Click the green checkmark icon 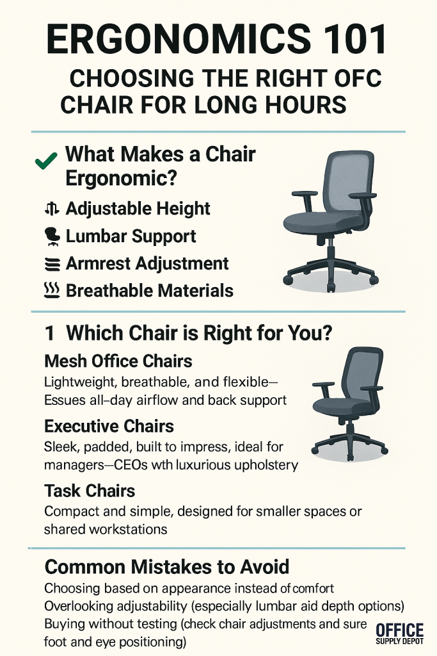click(x=46, y=161)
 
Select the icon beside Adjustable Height click(x=51, y=208)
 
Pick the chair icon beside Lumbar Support click(x=52, y=236)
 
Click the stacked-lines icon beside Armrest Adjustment click(x=52, y=265)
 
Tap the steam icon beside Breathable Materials click(x=52, y=290)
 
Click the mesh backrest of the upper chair click(x=347, y=180)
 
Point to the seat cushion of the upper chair click(x=322, y=222)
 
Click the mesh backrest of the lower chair click(x=363, y=377)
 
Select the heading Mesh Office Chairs click(x=118, y=361)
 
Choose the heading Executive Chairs click(x=109, y=426)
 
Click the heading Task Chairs click(x=90, y=491)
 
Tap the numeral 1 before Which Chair click(x=50, y=333)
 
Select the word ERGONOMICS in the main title click(x=179, y=39)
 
